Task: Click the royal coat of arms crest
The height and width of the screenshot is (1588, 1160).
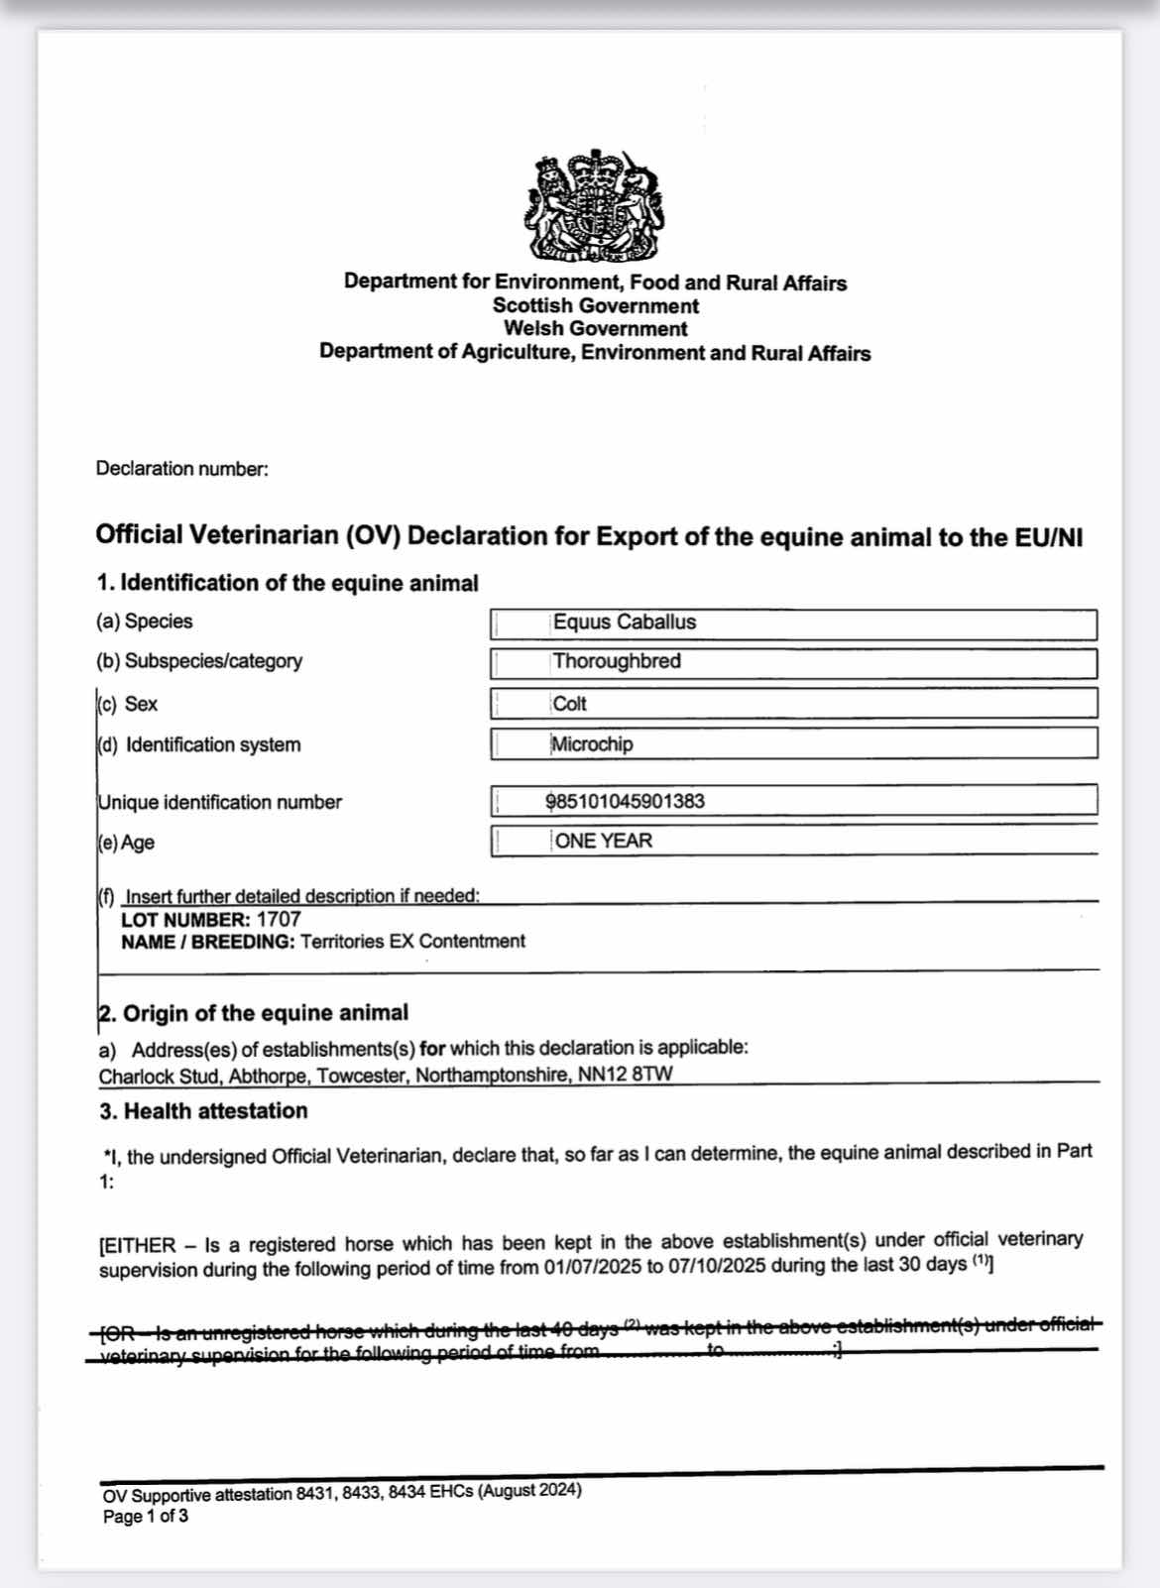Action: coord(595,205)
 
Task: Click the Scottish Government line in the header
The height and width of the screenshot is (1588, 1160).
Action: coord(595,306)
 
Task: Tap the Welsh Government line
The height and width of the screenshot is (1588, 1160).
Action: coord(595,329)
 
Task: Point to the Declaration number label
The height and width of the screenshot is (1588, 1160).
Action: coord(181,469)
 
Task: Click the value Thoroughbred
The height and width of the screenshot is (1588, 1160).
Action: coord(617,661)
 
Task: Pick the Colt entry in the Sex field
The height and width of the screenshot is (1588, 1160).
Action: coord(570,704)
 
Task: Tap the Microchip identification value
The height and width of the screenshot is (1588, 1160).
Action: coord(592,744)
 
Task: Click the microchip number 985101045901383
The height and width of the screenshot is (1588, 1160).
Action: coord(626,801)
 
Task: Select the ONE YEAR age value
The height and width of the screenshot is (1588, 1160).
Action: coord(604,842)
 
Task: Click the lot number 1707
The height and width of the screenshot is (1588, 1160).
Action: coord(279,919)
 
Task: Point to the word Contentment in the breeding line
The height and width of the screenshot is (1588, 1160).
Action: coord(472,942)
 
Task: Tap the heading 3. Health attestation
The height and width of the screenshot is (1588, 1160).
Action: coord(203,1111)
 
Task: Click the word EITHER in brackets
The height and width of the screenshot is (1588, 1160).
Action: coord(140,1245)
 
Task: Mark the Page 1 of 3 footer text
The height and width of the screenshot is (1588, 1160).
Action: coord(146,1517)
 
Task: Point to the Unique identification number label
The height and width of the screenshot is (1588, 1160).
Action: coord(219,803)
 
